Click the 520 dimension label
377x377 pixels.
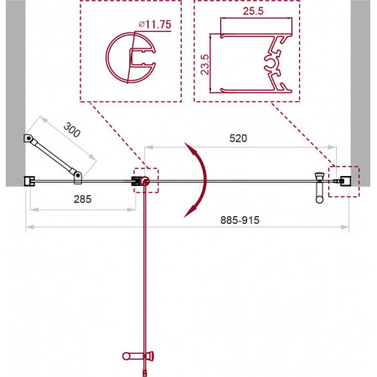point(238,138)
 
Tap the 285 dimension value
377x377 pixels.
point(83,199)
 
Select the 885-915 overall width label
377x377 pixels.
point(240,220)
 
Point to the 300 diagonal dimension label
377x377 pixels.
point(72,130)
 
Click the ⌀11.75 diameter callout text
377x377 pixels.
point(155,24)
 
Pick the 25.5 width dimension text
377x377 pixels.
point(253,11)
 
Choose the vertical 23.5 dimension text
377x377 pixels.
point(204,65)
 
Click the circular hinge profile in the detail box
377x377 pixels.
point(107,58)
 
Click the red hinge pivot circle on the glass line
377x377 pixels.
point(145,181)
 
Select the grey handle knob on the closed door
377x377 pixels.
point(319,188)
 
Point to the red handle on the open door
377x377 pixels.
point(138,356)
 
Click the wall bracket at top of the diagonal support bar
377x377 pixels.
point(28,138)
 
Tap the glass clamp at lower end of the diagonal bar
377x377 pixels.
point(78,178)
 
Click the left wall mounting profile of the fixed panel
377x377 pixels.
point(29,181)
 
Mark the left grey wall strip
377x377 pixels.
point(16,93)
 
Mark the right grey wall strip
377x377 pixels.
point(360,93)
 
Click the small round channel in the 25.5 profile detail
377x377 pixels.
point(271,64)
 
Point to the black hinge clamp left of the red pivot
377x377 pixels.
point(136,181)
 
